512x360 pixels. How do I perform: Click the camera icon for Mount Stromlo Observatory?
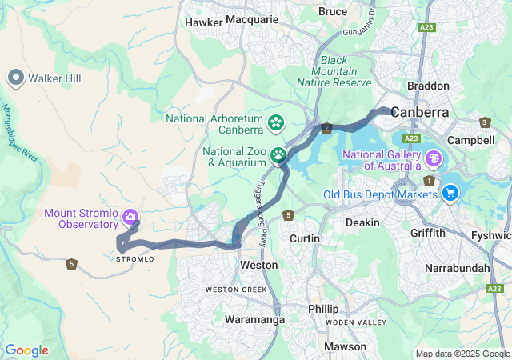point(130,217)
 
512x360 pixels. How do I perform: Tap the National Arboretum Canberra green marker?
point(276,122)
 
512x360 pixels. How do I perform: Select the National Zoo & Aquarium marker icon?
point(278,154)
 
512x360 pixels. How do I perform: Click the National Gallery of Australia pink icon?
point(434,158)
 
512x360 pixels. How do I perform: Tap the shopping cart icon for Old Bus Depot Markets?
point(450,193)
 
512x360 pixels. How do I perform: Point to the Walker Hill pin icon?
point(15,78)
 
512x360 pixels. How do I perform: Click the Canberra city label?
point(420,112)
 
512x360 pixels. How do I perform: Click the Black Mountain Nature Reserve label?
point(334,71)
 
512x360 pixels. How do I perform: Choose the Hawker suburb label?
point(203,23)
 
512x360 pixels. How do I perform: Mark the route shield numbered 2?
point(326,128)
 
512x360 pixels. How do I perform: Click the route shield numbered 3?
point(485,122)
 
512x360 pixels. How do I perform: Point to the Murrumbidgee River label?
point(19,133)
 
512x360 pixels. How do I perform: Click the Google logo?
point(26,350)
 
